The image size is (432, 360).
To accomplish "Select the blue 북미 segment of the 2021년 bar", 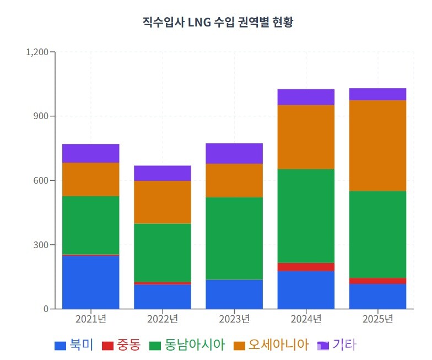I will pyautogui.click(x=91, y=282).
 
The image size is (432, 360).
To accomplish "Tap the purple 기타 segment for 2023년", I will pyautogui.click(x=234, y=153).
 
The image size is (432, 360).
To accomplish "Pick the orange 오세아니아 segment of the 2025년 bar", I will pyautogui.click(x=377, y=146).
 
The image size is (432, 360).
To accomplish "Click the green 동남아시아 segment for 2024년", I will pyautogui.click(x=306, y=216).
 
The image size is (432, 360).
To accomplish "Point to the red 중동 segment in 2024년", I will pyautogui.click(x=306, y=267).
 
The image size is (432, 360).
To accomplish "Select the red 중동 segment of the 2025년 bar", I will pyautogui.click(x=377, y=281).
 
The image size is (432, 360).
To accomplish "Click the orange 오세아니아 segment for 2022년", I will pyautogui.click(x=163, y=202).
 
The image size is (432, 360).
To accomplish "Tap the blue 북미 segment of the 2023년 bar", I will pyautogui.click(x=234, y=294).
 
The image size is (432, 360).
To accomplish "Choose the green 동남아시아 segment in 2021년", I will pyautogui.click(x=91, y=225).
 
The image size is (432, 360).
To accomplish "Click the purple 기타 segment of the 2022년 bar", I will pyautogui.click(x=163, y=173).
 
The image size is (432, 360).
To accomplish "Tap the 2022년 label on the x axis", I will pyautogui.click(x=163, y=319).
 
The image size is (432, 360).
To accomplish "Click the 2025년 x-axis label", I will pyautogui.click(x=377, y=319).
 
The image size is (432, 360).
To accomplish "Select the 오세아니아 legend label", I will pyautogui.click(x=278, y=346).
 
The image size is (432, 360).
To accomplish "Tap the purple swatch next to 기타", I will pyautogui.click(x=323, y=346).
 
